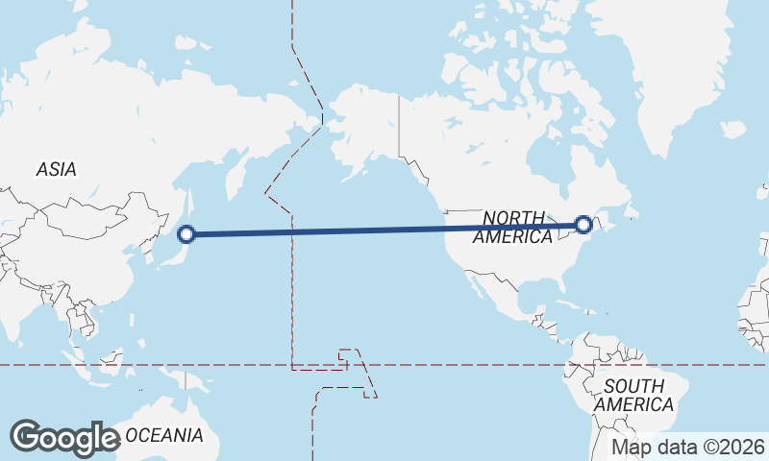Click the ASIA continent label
[56, 169]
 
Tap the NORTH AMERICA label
[512, 228]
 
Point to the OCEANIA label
[164, 435]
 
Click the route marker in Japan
[187, 232]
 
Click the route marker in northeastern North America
[583, 225]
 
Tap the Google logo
[64, 437]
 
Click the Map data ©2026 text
[688, 447]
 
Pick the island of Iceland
[732, 130]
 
